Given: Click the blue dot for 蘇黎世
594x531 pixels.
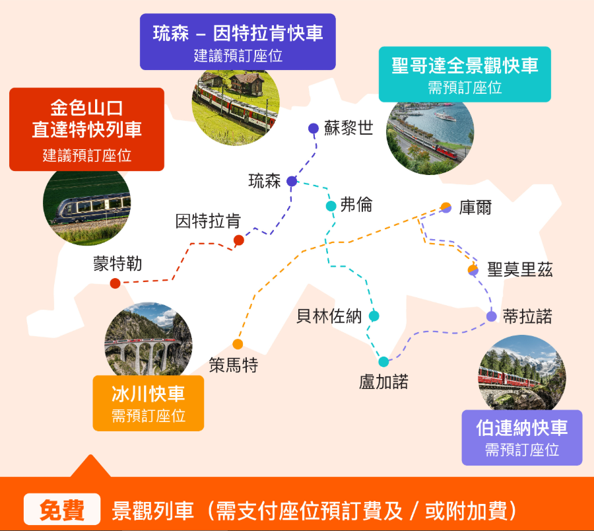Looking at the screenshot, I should click(313, 128).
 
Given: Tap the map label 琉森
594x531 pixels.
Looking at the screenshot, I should click(265, 181).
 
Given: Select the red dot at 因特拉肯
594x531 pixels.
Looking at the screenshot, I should click(239, 240).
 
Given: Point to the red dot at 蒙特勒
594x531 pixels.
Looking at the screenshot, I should click(115, 283).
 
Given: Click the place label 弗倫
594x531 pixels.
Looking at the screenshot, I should click(356, 205).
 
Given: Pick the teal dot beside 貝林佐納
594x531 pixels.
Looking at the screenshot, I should click(374, 316).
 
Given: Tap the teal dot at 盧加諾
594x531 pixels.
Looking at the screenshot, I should click(384, 361).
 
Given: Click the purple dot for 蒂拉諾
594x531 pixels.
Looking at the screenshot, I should click(492, 316).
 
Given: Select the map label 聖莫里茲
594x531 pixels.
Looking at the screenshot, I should click(520, 269).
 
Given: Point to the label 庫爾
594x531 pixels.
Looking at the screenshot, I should click(475, 207).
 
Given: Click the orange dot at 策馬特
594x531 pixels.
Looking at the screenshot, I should click(238, 344).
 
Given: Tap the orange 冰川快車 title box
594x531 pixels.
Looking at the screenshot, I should click(148, 403).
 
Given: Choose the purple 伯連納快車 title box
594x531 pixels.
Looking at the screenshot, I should click(521, 437).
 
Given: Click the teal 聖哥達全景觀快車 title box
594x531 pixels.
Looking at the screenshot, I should click(465, 74).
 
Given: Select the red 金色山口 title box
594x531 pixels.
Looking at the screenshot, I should click(86, 129).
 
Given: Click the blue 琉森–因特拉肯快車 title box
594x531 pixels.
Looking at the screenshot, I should click(238, 42).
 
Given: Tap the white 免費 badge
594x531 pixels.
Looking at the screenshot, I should click(62, 510).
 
